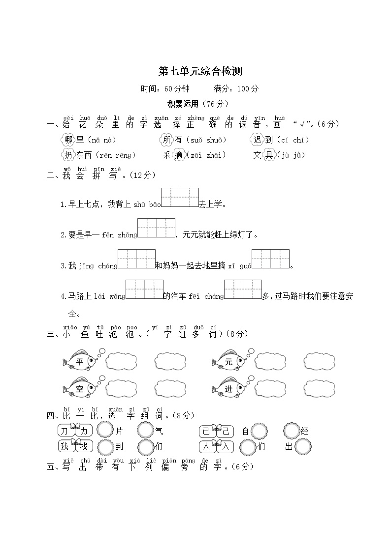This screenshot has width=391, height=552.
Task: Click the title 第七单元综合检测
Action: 200,72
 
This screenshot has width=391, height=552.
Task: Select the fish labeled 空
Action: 80,389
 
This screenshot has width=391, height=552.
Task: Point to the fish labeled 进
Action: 228,389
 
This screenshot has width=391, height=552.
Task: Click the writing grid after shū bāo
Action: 180,197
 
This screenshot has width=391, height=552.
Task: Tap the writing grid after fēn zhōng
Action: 156,228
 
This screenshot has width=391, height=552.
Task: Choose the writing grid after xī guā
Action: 270,259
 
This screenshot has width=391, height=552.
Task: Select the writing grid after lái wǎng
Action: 144,289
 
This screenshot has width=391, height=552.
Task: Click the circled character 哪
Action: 68,140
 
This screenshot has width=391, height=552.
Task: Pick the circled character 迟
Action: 257,140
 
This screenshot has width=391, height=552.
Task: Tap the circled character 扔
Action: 68,155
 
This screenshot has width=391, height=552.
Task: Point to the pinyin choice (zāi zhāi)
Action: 206,155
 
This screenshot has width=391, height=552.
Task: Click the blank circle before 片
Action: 105,431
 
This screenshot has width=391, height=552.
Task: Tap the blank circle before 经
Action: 291,431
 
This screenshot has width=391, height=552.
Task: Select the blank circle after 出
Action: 303,447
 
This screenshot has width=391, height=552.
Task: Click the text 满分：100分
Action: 236,89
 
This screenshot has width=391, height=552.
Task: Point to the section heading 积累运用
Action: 183,104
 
